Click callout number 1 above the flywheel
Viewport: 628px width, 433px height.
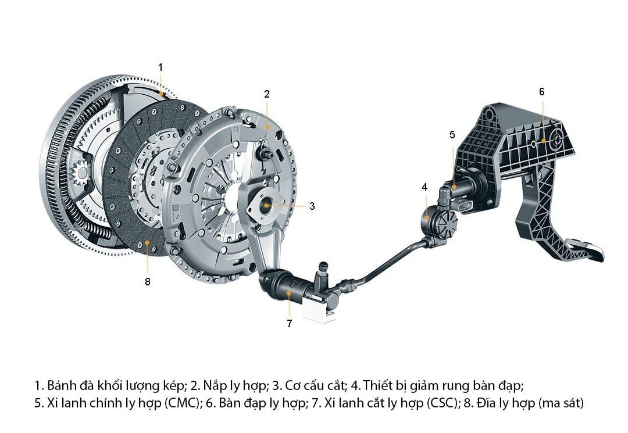coord(160,67)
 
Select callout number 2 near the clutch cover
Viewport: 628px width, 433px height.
coord(267,94)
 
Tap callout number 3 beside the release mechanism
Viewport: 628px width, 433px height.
coord(312,206)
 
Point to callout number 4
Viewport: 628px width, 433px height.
coord(424,187)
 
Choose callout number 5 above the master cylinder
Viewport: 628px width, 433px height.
coord(452,134)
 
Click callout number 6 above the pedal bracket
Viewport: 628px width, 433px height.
coord(542,92)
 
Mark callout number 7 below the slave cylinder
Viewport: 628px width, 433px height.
coord(290,323)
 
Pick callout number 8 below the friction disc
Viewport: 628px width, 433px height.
coord(147,282)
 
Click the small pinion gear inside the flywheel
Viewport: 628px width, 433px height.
coord(81,173)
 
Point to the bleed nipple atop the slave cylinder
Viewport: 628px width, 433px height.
coord(322,272)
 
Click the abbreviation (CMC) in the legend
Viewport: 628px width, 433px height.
coord(182,403)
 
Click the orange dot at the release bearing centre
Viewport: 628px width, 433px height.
coord(266,205)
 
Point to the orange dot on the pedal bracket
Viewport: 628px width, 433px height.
coord(543,141)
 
